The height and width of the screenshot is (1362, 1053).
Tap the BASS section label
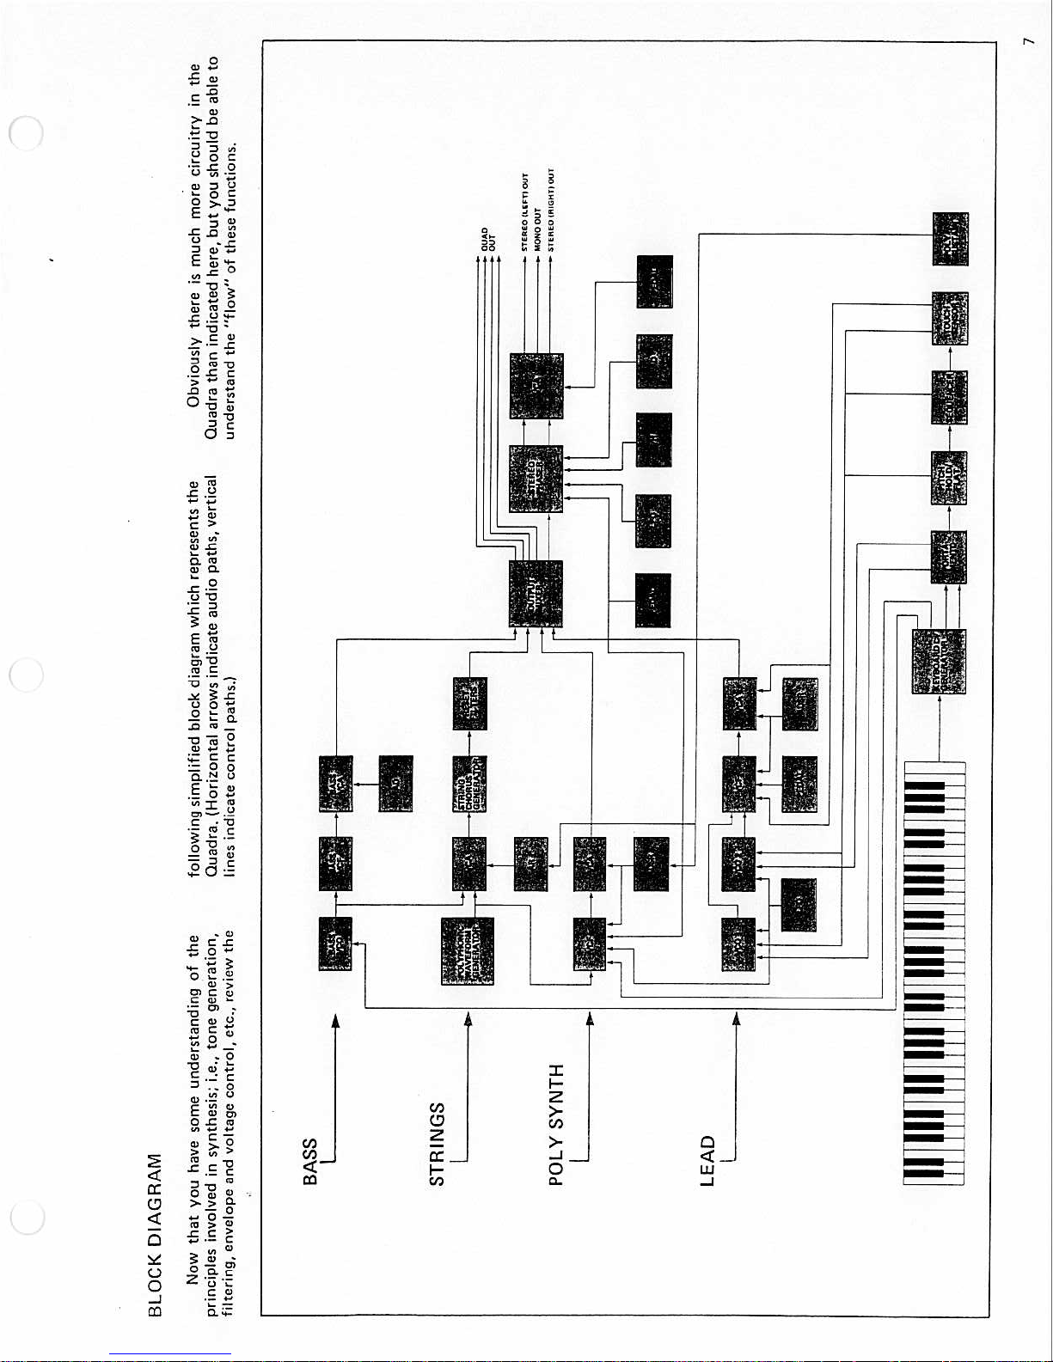coord(311,1161)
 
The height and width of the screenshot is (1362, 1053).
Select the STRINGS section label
coord(437,1144)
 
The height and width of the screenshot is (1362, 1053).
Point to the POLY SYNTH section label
coord(557,1125)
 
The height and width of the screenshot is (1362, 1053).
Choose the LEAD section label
coord(707,1161)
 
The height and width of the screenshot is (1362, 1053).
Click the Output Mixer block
coord(536,594)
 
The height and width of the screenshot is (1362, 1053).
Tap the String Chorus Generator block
coord(469,783)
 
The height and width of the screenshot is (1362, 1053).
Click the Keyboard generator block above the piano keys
coord(938,661)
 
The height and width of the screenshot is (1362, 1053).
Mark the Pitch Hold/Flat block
coord(949,478)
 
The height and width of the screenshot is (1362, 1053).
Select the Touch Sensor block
coord(950,318)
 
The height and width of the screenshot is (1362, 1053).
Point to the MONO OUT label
coord(538,229)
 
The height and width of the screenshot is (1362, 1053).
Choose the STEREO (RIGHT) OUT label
coord(551,211)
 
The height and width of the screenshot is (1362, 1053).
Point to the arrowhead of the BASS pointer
coord(336,1021)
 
